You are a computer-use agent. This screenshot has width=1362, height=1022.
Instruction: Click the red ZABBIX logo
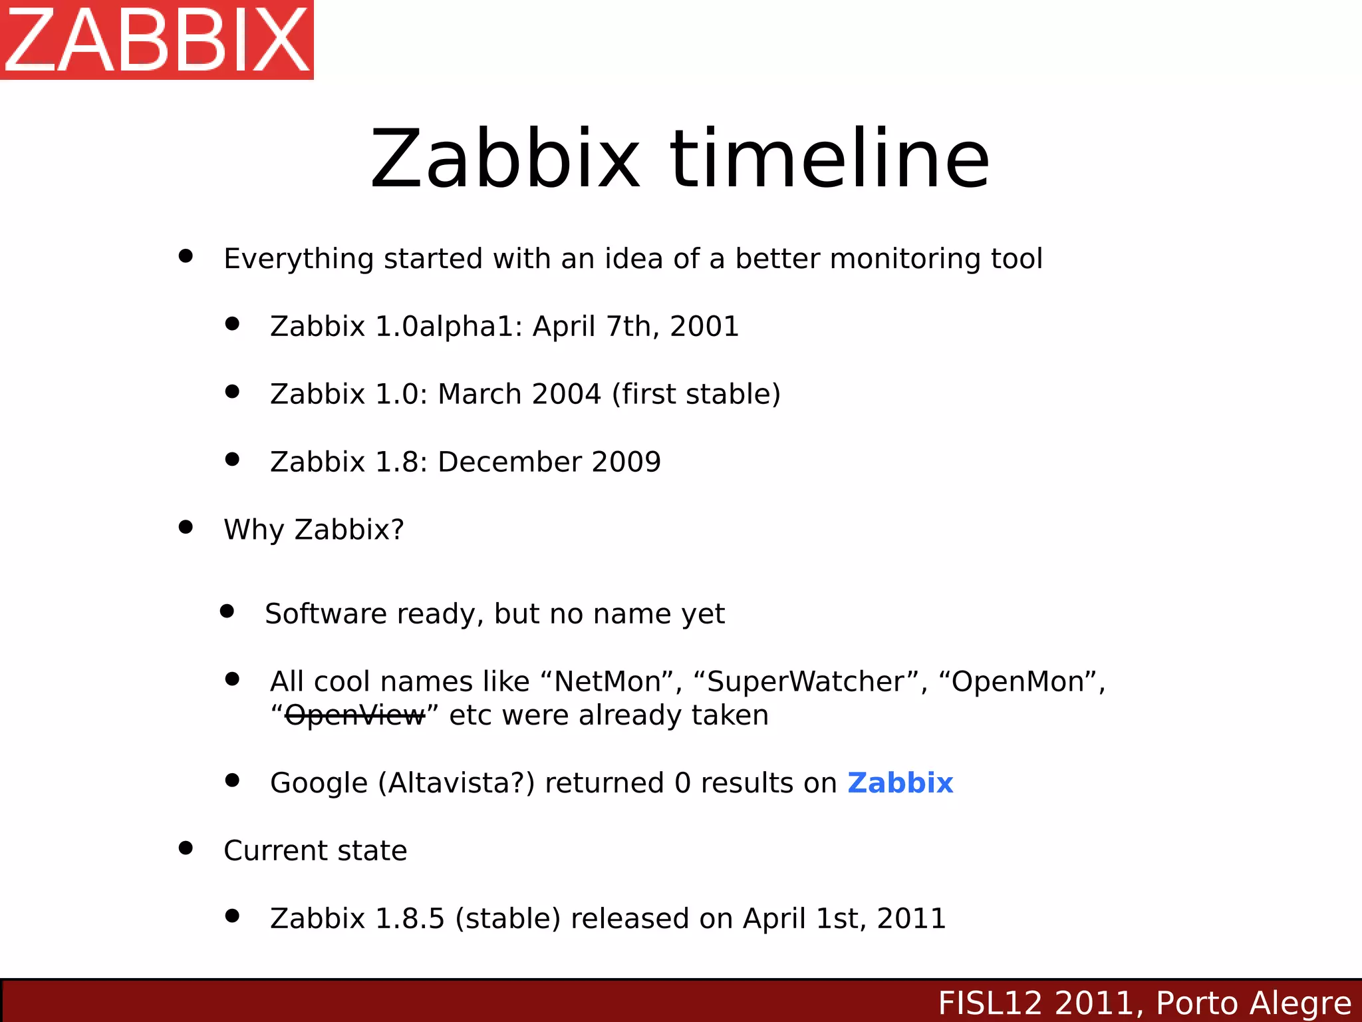[x=157, y=40]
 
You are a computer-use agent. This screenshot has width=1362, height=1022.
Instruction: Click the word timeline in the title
[x=830, y=160]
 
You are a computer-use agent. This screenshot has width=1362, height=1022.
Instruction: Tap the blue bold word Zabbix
[x=900, y=783]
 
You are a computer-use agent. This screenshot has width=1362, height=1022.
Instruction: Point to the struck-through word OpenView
[x=354, y=716]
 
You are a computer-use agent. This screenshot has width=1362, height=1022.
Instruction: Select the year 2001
[x=704, y=327]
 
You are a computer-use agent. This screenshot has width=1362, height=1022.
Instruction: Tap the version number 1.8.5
[x=410, y=919]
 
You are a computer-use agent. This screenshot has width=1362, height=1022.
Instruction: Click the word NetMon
[x=607, y=682]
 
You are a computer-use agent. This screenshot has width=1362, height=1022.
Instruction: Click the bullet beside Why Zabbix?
[x=186, y=528]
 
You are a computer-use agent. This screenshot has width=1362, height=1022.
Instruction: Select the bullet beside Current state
[x=186, y=848]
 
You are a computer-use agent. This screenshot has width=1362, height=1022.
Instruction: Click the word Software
[x=325, y=614]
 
